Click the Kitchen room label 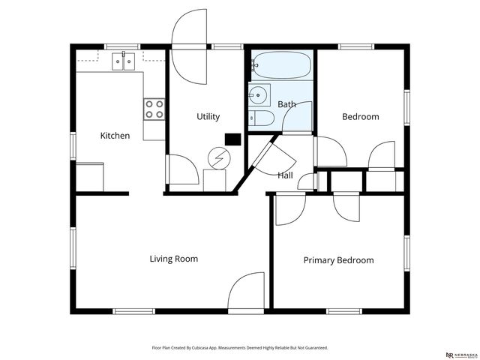point(115,136)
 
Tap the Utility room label point(208,116)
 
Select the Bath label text point(286,104)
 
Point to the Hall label point(285,175)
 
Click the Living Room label point(173,259)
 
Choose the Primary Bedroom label point(338,260)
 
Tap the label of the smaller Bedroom point(360,116)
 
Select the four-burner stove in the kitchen point(154,109)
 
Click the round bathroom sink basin point(258,95)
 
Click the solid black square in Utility point(232,139)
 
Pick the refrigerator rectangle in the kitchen point(90,177)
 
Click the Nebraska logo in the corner point(460,355)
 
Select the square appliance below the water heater point(214,180)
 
